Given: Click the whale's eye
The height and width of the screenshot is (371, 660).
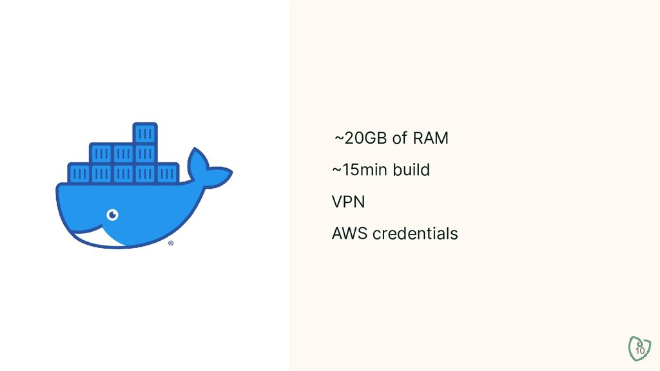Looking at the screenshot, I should pyautogui.click(x=113, y=214).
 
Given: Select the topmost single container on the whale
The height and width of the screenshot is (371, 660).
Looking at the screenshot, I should pyautogui.click(x=145, y=134).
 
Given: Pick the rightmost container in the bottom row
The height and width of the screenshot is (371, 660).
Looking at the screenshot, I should pyautogui.click(x=168, y=173).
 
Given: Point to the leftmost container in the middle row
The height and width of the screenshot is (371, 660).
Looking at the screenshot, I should pyautogui.click(x=101, y=153).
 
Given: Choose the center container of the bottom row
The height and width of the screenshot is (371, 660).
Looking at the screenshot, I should pyautogui.click(x=123, y=173).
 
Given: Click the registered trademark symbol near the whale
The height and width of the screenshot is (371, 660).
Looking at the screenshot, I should pyautogui.click(x=171, y=243).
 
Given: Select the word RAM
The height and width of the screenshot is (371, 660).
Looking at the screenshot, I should pyautogui.click(x=431, y=138).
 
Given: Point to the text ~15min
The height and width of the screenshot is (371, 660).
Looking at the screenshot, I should pyautogui.click(x=356, y=170).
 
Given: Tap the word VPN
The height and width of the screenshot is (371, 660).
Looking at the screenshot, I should pyautogui.click(x=348, y=202).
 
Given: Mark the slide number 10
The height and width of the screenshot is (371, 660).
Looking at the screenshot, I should pyautogui.click(x=640, y=350).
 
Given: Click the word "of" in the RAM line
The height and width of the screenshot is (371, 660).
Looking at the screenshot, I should pyautogui.click(x=400, y=138).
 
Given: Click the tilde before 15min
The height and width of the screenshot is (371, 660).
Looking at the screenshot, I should pyautogui.click(x=336, y=171).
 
